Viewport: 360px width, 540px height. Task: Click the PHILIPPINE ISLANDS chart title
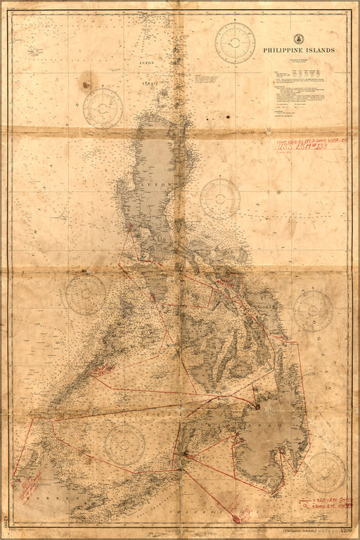pyautogui.click(x=300, y=51)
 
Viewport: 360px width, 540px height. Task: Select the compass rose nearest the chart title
pyautogui.click(x=235, y=43)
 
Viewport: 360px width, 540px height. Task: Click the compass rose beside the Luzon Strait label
pyautogui.click(x=103, y=108)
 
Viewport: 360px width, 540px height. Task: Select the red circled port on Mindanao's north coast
pyautogui.click(x=259, y=406)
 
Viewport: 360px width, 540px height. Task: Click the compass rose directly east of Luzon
pyautogui.click(x=220, y=198)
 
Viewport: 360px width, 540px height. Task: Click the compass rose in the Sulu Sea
pyautogui.click(x=125, y=444)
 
